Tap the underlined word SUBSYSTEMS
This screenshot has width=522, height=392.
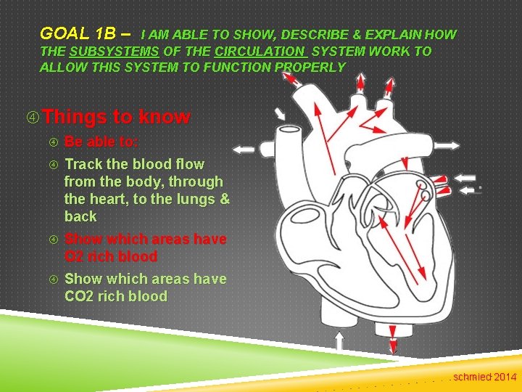tap(114, 52)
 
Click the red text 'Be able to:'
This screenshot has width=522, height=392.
tap(101, 142)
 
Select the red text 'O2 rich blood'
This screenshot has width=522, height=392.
tap(111, 256)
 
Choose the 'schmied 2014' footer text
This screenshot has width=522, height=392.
tap(485, 377)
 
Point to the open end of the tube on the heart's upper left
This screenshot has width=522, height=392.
tap(291, 136)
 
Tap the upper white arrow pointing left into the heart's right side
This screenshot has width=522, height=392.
tap(470, 179)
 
